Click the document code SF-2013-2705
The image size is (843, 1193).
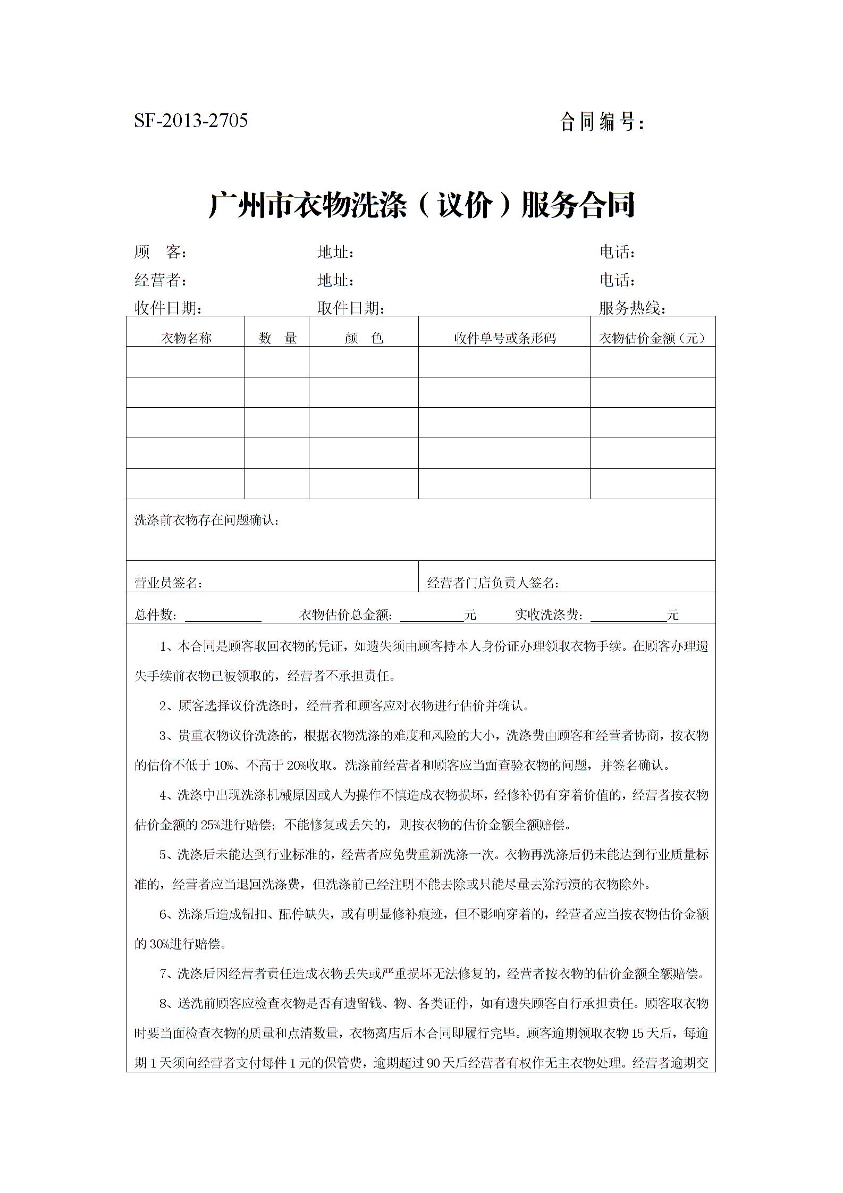click(191, 121)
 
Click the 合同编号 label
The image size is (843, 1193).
click(602, 122)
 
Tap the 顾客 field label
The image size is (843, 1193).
click(160, 252)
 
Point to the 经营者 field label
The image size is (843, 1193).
click(160, 280)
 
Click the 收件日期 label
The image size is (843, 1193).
click(168, 308)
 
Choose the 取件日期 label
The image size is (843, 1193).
click(351, 308)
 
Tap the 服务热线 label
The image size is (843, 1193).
click(632, 308)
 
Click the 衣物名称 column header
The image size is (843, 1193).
click(186, 338)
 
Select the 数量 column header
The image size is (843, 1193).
click(277, 338)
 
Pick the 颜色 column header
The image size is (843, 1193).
click(364, 338)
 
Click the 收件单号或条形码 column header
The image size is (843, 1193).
click(504, 338)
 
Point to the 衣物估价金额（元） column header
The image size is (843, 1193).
click(653, 338)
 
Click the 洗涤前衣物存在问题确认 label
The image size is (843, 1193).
click(207, 520)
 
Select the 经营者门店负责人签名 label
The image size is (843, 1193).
click(493, 583)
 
